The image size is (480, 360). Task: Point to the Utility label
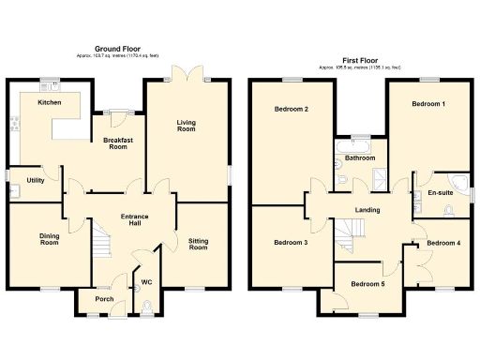(x=37, y=180)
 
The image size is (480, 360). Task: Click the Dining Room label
(x=50, y=239)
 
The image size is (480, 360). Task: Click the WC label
(x=146, y=281)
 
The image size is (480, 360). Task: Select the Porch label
(x=103, y=300)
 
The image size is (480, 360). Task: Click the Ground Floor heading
(x=117, y=48)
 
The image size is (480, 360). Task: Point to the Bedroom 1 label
(x=429, y=105)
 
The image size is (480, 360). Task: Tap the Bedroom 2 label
(x=292, y=110)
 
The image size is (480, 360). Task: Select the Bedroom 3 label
(x=291, y=243)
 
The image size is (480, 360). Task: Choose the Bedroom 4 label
(x=443, y=243)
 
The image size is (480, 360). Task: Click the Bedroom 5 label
(x=367, y=283)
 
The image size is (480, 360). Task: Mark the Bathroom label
(x=359, y=159)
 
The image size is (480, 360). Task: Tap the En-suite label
(x=440, y=192)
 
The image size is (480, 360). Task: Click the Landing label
(x=367, y=210)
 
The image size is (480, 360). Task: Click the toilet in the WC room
(x=153, y=305)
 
